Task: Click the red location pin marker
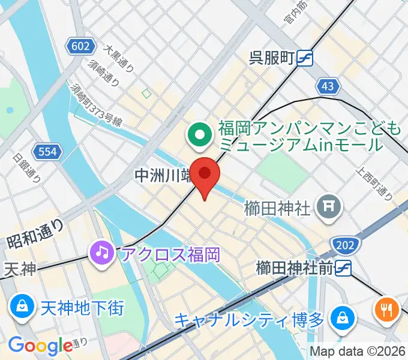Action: (x=205, y=175)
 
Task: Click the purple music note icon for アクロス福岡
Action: (x=101, y=252)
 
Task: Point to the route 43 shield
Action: (x=327, y=86)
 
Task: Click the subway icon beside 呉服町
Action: (x=304, y=58)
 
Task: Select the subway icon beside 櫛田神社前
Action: (x=342, y=268)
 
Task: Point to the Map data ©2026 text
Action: (x=357, y=352)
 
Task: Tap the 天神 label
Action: (x=19, y=269)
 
